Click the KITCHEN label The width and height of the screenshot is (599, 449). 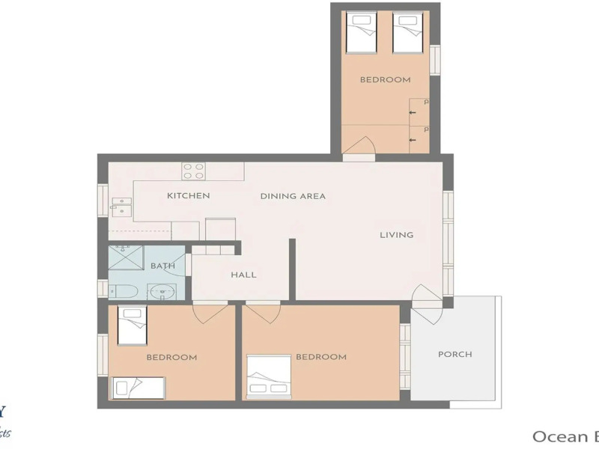[188, 196]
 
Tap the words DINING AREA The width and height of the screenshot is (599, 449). [293, 196]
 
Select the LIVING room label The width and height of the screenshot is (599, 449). [396, 235]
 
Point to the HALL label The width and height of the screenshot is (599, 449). [243, 275]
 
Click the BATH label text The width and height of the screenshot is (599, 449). [162, 266]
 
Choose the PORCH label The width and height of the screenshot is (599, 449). [454, 354]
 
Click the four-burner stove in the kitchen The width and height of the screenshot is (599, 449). [194, 171]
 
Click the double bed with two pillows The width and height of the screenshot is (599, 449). [268, 376]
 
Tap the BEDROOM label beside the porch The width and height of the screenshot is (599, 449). [321, 357]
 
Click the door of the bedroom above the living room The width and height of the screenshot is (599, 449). [360, 146]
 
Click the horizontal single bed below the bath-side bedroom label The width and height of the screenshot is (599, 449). [139, 388]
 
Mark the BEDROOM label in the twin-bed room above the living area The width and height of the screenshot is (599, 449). [385, 79]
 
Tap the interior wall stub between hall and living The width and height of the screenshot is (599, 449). [293, 269]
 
